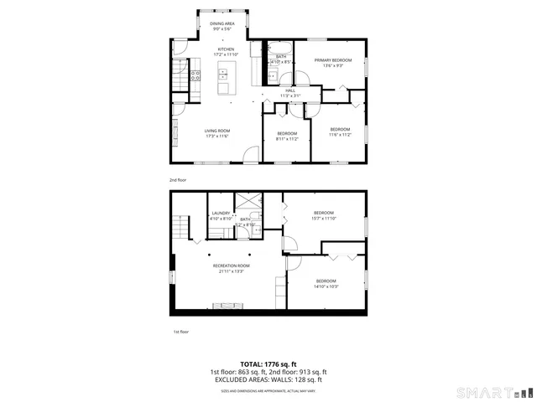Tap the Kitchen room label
[x=227, y=49]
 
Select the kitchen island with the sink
[x=224, y=81]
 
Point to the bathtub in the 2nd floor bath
[x=279, y=47]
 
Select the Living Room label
[x=217, y=131]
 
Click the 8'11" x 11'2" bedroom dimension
[x=287, y=139]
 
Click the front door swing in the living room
[x=250, y=154]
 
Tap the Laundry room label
[x=221, y=214]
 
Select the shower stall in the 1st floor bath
[x=248, y=204]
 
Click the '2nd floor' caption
[x=178, y=180]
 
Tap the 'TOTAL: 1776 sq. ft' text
[x=268, y=364]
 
